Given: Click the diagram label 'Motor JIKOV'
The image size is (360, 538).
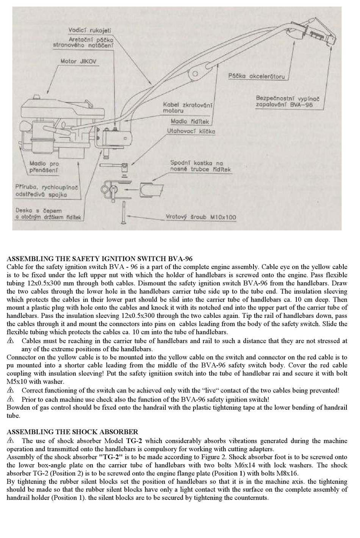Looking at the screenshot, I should click(x=78, y=61).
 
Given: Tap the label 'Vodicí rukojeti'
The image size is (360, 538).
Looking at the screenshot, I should click(x=90, y=30).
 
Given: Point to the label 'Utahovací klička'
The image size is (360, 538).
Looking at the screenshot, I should click(x=191, y=131).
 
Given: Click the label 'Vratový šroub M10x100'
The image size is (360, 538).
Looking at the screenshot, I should click(x=200, y=217).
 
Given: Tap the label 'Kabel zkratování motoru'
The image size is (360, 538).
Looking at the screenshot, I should click(x=187, y=108).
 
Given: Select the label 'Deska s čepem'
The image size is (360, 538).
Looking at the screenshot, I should click(x=39, y=210).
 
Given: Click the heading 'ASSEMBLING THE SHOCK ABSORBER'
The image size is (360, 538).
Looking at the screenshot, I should click(x=72, y=432).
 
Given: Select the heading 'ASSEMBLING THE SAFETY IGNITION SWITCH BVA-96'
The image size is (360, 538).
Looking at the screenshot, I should click(x=100, y=259).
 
